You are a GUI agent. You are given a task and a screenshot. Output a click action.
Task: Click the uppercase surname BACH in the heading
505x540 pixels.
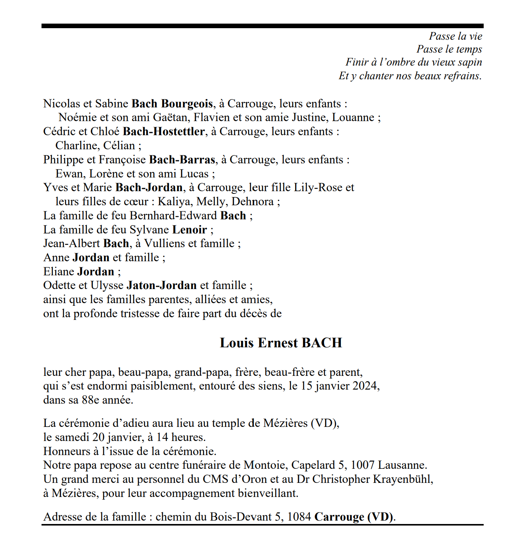322,343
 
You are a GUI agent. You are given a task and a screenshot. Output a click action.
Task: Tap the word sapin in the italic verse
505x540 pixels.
470,62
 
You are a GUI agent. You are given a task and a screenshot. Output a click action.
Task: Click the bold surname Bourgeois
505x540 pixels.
187,104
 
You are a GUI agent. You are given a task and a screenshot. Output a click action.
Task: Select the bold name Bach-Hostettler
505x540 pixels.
164,131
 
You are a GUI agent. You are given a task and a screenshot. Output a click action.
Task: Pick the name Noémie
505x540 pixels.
78,117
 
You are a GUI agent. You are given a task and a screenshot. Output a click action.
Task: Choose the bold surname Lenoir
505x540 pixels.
190,230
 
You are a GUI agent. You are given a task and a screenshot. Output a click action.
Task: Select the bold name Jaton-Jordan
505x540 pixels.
161,285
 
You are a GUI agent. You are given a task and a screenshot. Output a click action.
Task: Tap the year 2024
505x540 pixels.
365,386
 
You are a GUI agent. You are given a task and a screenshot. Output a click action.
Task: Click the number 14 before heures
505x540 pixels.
162,437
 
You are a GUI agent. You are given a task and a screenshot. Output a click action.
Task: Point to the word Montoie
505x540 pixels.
265,465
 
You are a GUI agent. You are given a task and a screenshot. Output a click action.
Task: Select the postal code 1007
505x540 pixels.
362,465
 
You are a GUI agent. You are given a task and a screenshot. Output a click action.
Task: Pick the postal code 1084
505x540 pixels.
299,517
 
